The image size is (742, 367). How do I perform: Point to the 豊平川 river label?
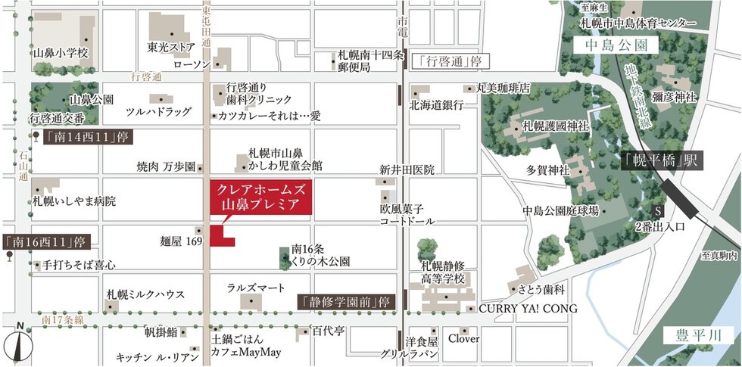click(x=694, y=336)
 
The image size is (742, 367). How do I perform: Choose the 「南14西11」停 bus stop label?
click(x=80, y=138)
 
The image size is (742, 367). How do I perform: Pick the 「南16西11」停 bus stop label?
click(x=47, y=242)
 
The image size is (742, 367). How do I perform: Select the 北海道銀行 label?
click(x=435, y=105)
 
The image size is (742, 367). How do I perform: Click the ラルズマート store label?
click(x=256, y=288)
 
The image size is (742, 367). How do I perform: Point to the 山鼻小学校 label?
click(x=61, y=54)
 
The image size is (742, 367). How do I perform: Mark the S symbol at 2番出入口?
click(x=657, y=210)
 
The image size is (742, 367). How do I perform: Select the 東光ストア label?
click(x=172, y=47)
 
